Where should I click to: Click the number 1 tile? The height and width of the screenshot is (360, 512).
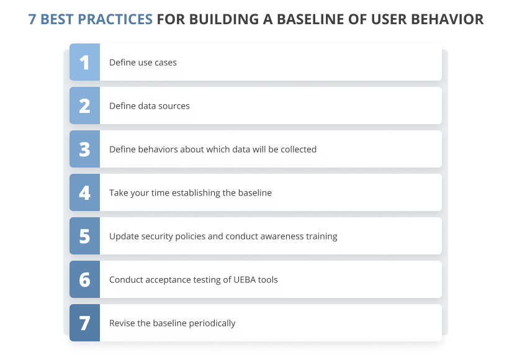tap(84, 62)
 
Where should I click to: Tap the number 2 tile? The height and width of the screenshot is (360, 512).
tap(84, 106)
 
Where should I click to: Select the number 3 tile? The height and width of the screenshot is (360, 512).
tap(84, 149)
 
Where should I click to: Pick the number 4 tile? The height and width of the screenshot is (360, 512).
tap(84, 192)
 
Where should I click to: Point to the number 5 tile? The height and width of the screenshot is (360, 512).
tap(84, 236)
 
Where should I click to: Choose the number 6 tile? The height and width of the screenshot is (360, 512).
tap(84, 279)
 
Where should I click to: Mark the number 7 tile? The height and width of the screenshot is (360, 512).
tap(84, 323)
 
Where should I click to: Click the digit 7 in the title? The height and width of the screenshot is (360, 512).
tap(32, 19)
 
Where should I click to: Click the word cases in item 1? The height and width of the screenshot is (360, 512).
tap(165, 63)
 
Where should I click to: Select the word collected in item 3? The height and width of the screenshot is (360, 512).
tap(298, 150)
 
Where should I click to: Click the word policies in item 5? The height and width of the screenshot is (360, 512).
tap(186, 236)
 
